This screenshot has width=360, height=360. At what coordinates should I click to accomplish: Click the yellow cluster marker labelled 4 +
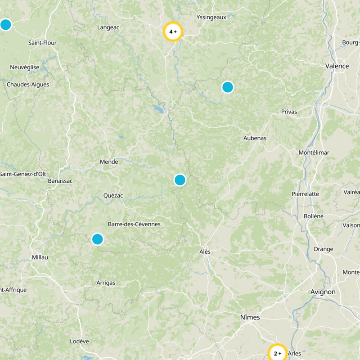click(x=173, y=31)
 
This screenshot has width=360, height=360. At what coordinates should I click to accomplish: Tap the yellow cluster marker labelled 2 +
click(x=277, y=353)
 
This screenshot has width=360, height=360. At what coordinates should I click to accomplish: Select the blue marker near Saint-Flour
click(x=5, y=24)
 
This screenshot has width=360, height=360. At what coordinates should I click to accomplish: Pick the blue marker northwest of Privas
click(x=228, y=87)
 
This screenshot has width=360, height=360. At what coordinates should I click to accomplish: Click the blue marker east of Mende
click(x=180, y=180)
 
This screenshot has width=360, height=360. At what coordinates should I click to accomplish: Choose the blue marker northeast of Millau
click(x=98, y=239)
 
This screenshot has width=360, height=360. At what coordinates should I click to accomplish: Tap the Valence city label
click(x=337, y=66)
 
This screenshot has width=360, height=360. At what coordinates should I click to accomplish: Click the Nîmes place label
click(x=250, y=317)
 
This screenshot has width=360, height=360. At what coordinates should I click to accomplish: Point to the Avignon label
click(x=323, y=292)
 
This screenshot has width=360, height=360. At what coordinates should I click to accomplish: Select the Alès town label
click(x=205, y=252)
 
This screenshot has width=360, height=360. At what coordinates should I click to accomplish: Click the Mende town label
click(x=109, y=162)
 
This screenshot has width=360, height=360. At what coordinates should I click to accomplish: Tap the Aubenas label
click(x=255, y=138)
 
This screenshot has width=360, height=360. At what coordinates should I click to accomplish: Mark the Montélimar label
click(x=314, y=153)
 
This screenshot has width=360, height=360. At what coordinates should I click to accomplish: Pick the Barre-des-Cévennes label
click(x=134, y=224)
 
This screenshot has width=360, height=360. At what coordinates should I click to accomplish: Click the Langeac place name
click(x=108, y=27)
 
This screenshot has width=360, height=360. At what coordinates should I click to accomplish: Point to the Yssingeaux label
click(x=211, y=18)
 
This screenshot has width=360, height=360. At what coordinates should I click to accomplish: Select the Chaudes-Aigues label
click(x=28, y=84)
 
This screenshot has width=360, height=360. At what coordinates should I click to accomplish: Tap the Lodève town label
click(x=79, y=341)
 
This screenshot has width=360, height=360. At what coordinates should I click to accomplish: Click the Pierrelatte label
click(x=305, y=194)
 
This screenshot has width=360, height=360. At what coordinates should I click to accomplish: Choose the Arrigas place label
click(x=106, y=283)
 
